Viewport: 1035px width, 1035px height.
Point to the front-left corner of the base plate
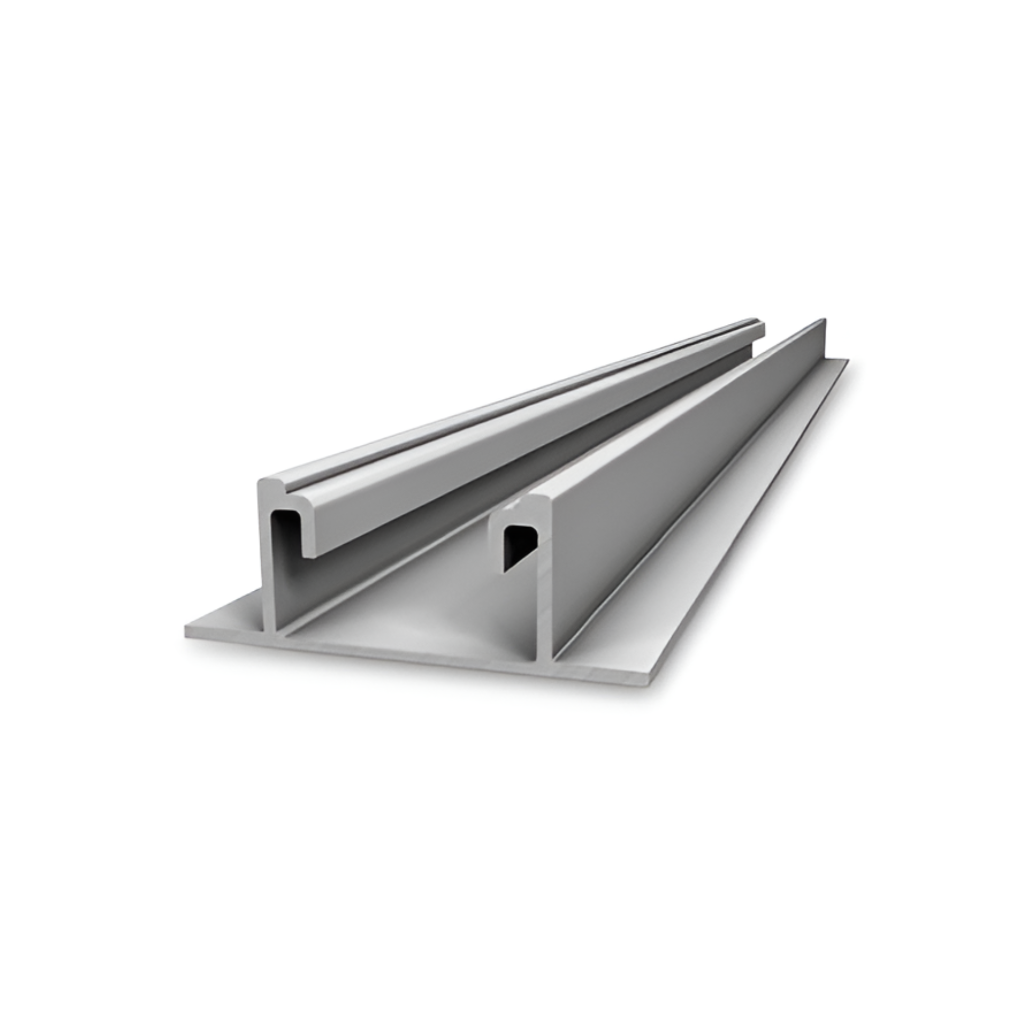[187, 631]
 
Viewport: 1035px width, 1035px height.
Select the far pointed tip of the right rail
[823, 320]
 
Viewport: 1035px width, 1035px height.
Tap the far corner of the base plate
[848, 360]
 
